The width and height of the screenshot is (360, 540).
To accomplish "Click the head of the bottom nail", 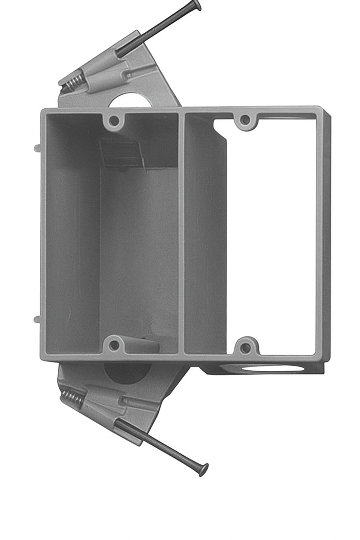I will pos(204,469).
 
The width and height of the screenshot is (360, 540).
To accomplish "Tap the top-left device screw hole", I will pos(114,121).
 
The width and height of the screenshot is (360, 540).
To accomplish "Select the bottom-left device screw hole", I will pos(114,345).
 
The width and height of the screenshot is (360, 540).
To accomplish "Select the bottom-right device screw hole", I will pos(246,347).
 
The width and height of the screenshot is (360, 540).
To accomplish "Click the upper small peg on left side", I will pos(37,148).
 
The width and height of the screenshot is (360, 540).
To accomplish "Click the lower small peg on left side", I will pos(37,319).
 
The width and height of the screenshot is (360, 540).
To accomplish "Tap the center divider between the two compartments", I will pos(181,232).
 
